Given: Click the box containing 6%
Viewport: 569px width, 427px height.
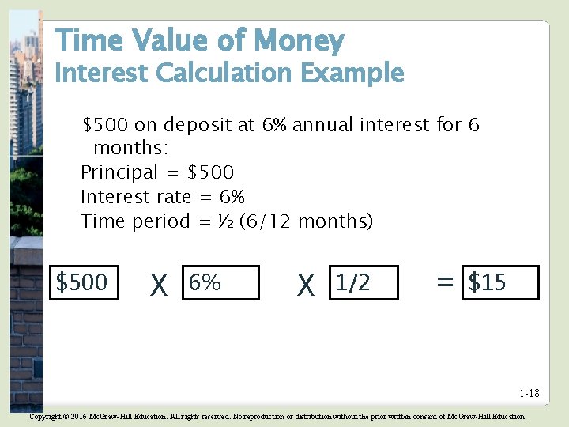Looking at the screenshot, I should [220, 282].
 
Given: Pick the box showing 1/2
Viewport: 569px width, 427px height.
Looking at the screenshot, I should [364, 282].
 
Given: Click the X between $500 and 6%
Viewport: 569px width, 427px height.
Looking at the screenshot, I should [159, 285].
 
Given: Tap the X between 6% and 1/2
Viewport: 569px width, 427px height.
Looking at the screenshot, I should [305, 285].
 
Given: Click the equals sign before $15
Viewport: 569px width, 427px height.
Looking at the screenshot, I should [445, 282].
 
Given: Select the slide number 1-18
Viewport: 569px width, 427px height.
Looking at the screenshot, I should [529, 394].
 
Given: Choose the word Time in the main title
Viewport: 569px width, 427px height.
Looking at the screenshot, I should [83, 40].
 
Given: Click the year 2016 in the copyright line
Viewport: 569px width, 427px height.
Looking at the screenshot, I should [79, 416].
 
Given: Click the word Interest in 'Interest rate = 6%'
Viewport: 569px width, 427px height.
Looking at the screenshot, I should [115, 197].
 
